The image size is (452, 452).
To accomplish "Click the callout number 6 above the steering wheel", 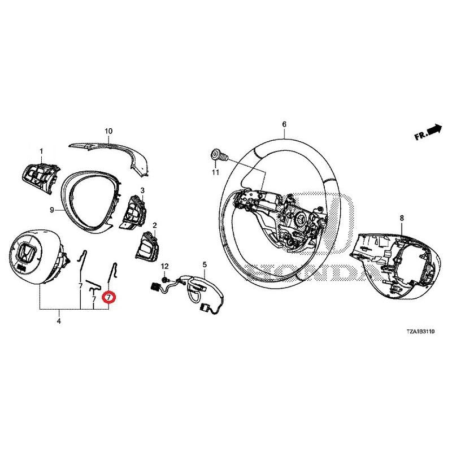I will pos(284,124).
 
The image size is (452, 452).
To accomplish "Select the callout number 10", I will pos(108,131).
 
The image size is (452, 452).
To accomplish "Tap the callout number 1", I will pos(41,151).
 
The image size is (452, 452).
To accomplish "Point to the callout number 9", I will pos(51,210).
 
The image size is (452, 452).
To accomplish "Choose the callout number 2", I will pos(155,225).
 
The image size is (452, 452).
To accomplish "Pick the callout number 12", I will pos(165,266).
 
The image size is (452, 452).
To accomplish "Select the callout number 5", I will pos(205,264).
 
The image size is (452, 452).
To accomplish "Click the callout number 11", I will pos(215,172).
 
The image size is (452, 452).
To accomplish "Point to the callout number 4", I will pos(59,321).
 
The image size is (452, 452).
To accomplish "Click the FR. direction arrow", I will pos(428,134).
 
